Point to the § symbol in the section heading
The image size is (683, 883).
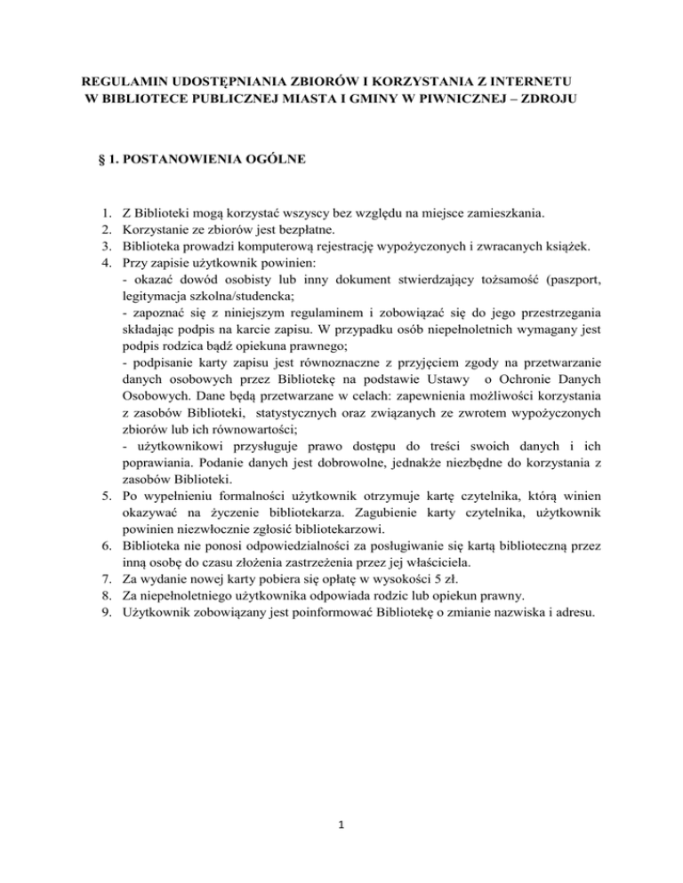click(100, 160)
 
